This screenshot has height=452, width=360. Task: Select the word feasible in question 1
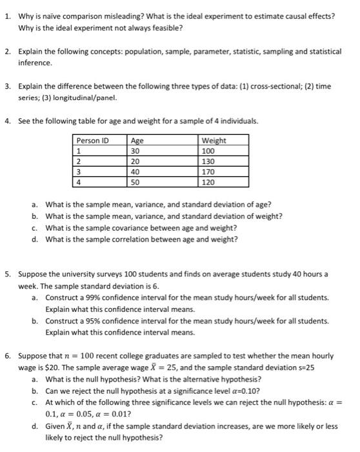[164, 28]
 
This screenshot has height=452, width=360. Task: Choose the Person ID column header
[93, 141]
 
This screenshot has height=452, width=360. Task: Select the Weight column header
[214, 141]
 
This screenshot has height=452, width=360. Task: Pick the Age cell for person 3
[136, 172]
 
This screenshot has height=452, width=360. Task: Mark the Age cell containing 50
[136, 183]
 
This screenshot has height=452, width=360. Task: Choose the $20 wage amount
[52, 367]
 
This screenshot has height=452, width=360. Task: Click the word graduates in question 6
[141, 356]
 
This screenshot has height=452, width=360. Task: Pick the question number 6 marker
[7, 356]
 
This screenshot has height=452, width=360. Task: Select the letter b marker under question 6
[34, 391]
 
